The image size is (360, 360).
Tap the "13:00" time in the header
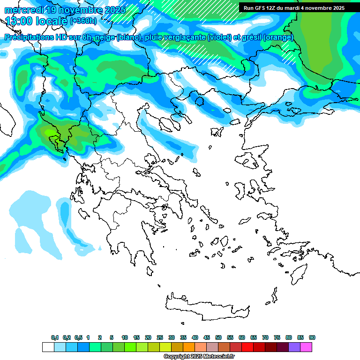pos(19,21)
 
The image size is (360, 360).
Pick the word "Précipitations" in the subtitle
pos(29,37)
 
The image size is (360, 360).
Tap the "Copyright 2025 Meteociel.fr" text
pos(199,357)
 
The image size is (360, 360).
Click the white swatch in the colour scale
pos(48,347)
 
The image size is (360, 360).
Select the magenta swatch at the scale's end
pos(306,347)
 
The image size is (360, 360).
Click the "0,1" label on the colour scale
pos(55,337)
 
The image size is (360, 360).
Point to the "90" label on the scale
pos(312,337)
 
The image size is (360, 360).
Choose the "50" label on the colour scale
pos(218,337)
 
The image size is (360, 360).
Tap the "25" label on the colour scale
pos(160,337)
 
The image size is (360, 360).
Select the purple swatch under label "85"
pos(294,347)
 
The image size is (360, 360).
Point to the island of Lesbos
pos(249,162)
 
